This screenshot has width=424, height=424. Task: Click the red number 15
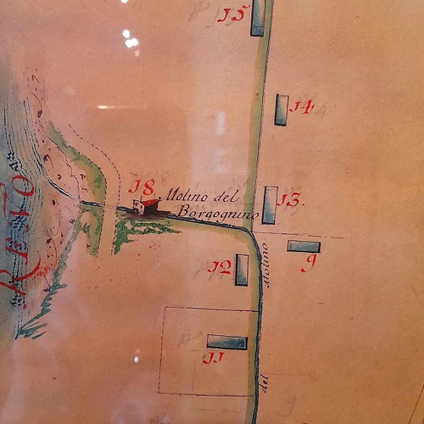pos(231,14)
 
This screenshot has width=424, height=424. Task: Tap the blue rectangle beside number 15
pos(258,19)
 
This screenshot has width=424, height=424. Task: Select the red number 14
pos(301,107)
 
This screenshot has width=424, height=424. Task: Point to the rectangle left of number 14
pos(281,110)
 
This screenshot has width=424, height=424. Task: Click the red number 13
pos(290,201)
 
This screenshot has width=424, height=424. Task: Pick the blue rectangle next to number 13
pos(269,205)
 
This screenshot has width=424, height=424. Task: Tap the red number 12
pos(220,268)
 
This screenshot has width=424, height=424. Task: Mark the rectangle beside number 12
pos(242,270)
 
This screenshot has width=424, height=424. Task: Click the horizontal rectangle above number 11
pos(227,343)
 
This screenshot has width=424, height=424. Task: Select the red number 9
pos(309,264)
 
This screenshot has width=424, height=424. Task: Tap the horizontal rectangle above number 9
pos(304,247)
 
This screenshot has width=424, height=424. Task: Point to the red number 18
pos(142,187)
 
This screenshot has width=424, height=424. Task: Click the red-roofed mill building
pos(147,206)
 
